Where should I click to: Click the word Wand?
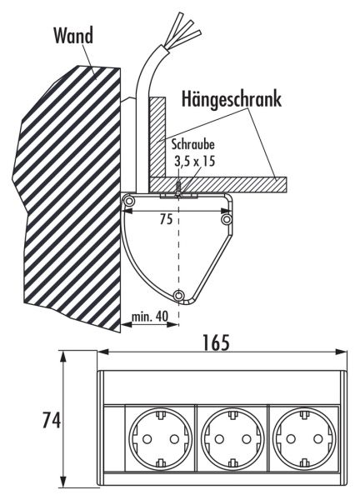click(x=73, y=35)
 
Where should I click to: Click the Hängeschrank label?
click(x=232, y=99)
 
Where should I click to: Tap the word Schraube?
click(x=193, y=144)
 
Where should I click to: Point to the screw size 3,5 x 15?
click(x=194, y=161)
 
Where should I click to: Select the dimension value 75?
click(x=166, y=219)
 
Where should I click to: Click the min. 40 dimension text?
click(x=150, y=316)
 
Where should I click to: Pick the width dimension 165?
click(x=216, y=342)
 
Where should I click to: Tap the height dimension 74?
click(x=52, y=420)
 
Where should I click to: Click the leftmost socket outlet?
click(x=160, y=439)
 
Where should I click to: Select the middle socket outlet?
click(x=232, y=439)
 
